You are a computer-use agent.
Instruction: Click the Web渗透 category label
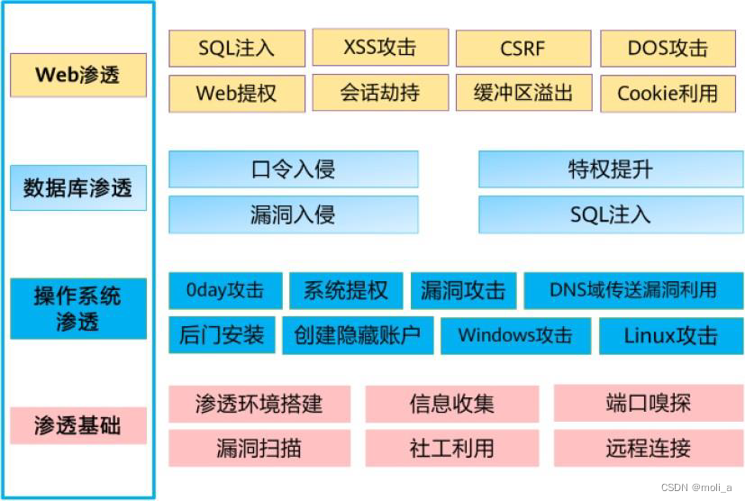[x=77, y=75]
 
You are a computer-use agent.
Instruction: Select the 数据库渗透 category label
[x=77, y=187]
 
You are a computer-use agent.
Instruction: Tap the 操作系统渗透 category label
[x=77, y=308]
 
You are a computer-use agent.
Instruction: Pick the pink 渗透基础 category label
[x=77, y=425]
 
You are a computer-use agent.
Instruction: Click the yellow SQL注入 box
[x=236, y=48]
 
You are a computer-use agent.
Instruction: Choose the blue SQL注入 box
[x=610, y=214]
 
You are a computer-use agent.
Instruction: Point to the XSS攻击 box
[x=379, y=47]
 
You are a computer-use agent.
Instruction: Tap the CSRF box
[x=522, y=48]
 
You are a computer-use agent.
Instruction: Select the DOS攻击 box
[x=668, y=48]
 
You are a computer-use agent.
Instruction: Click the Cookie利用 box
[x=668, y=92]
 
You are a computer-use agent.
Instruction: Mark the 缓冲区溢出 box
[x=522, y=92]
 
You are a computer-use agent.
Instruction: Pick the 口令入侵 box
[x=293, y=169]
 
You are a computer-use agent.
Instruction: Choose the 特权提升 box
[x=610, y=169]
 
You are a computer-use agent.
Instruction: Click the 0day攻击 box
[x=225, y=290]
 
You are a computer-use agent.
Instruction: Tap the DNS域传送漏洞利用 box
[x=633, y=290]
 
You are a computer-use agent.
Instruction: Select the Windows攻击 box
[x=514, y=335]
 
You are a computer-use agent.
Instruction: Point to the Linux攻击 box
[x=670, y=335]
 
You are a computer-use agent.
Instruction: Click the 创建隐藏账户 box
[x=357, y=335]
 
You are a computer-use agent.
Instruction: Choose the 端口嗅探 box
[x=648, y=403]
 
